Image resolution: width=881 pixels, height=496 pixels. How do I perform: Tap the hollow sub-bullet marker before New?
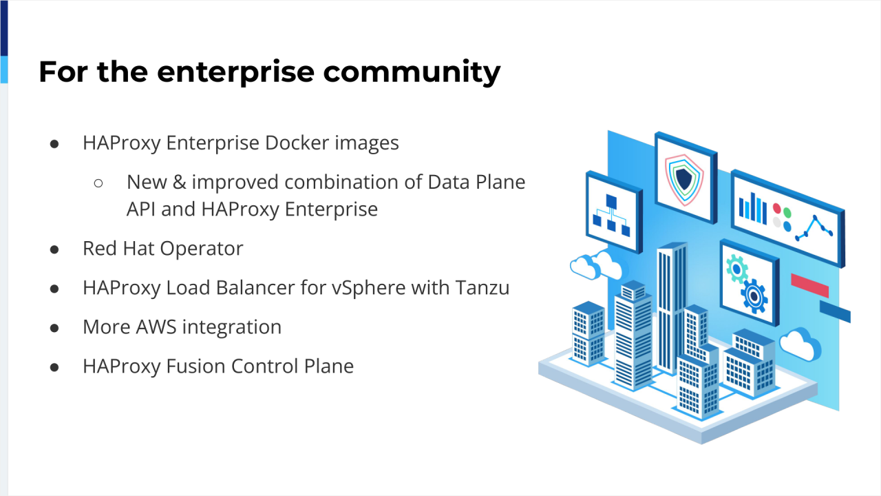(x=98, y=183)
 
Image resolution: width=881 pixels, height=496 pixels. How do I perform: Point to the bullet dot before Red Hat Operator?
(x=54, y=249)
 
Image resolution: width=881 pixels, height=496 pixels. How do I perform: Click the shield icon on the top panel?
(x=683, y=178)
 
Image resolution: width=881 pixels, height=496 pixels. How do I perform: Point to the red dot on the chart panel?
(x=777, y=207)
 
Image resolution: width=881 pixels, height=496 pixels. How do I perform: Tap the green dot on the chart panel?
(x=787, y=211)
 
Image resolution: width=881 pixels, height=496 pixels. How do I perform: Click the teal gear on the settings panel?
(x=736, y=268)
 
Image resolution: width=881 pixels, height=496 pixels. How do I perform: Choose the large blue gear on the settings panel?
(x=754, y=296)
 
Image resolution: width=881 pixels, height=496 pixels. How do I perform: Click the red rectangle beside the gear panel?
(x=809, y=285)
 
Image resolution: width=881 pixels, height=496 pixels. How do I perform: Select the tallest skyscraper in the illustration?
(x=670, y=303)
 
